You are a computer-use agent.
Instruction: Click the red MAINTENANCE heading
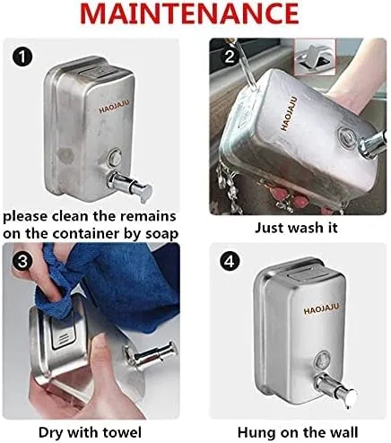pos(189,13)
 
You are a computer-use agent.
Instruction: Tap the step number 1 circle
pos(22,57)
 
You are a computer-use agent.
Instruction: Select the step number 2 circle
pos(230,56)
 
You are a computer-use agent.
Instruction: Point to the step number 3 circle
pos(22,262)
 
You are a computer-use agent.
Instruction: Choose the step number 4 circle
pos(230,262)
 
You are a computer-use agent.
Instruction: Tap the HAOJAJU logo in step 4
pos(322,309)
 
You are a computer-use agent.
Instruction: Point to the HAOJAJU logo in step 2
pos(289,113)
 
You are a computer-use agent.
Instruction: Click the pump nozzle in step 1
pos(130,185)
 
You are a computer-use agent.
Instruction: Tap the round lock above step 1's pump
pos(115,157)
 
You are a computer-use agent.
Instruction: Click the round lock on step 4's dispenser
pos(322,360)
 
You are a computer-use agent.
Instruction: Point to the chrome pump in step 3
pos(152,354)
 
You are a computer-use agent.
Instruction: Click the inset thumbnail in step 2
pos(315,57)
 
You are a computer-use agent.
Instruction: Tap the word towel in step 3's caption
pos(122,432)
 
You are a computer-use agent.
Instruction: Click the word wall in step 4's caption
pos(343,432)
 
